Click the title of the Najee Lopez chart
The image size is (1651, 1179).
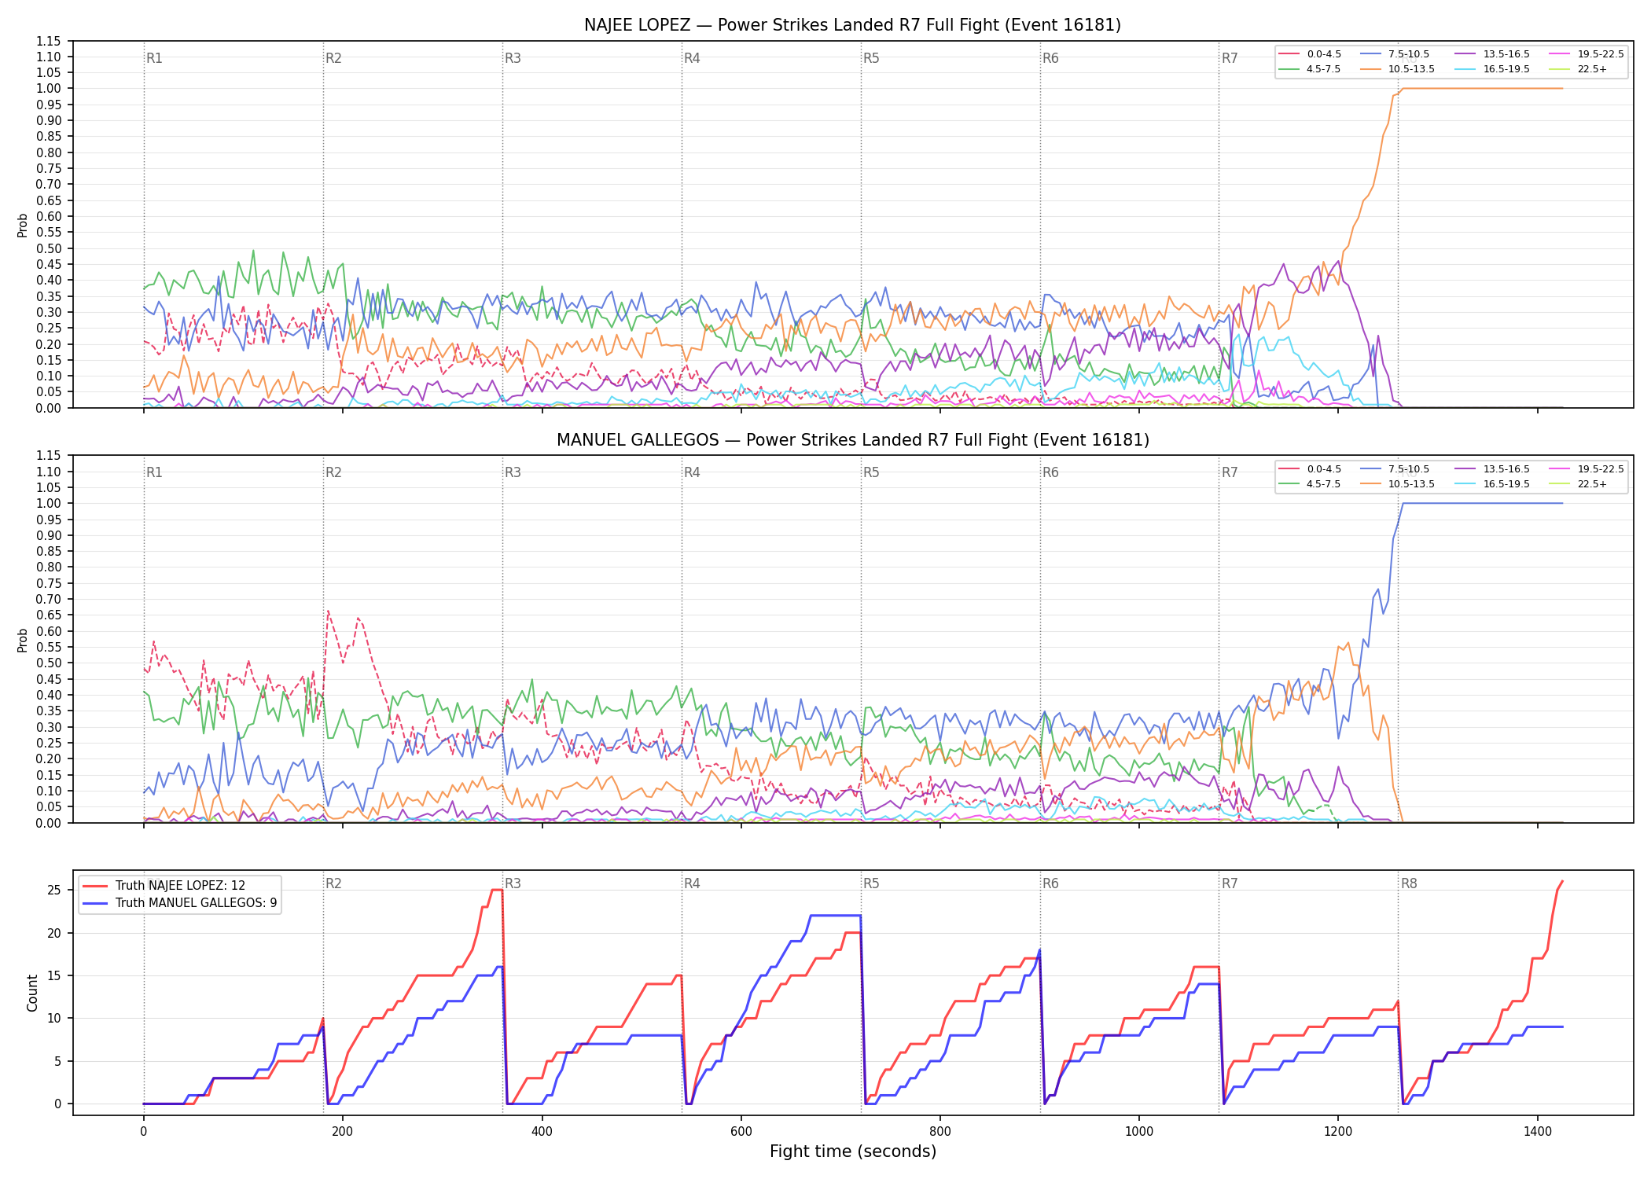[852, 25]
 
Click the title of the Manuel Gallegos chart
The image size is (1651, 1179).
[852, 440]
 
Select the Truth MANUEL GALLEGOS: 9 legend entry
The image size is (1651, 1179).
[180, 903]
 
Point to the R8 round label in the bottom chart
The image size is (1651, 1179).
[1409, 883]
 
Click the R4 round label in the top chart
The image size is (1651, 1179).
[692, 58]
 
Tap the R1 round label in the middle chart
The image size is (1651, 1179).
[154, 472]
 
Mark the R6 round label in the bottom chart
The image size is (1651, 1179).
[1050, 883]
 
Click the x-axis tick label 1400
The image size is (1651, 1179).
[1538, 1132]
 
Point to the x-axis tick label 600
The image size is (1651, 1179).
[741, 1132]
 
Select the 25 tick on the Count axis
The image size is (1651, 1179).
[54, 891]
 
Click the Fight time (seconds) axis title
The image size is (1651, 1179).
[853, 1152]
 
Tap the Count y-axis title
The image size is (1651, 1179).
[32, 993]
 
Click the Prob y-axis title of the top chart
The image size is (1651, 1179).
[23, 225]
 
